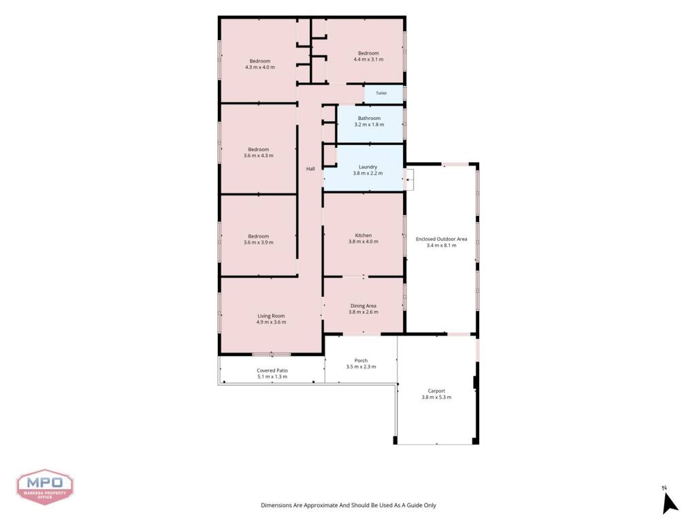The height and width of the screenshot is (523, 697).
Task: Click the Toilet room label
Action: pyautogui.click(x=381, y=93)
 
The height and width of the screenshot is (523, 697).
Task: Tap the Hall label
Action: pyautogui.click(x=310, y=169)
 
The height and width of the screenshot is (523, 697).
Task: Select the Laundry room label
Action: pyautogui.click(x=368, y=167)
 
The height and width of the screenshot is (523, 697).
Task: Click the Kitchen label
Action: pyautogui.click(x=363, y=235)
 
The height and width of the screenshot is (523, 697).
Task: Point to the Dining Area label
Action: pyautogui.click(x=363, y=306)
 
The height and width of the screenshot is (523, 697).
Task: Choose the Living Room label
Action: pyautogui.click(x=271, y=316)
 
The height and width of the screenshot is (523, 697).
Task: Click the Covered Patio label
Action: pyautogui.click(x=272, y=370)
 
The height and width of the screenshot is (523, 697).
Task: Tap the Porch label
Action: pyautogui.click(x=361, y=361)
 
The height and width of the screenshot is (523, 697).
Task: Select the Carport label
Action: pyautogui.click(x=436, y=391)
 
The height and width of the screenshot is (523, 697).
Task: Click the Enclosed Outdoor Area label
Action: pyautogui.click(x=441, y=239)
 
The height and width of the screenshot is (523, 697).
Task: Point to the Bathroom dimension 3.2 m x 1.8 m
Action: pyautogui.click(x=369, y=125)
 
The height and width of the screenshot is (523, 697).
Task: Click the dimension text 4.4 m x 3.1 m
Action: pyautogui.click(x=368, y=59)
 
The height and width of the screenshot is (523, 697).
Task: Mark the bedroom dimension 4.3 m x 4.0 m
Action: pyautogui.click(x=259, y=67)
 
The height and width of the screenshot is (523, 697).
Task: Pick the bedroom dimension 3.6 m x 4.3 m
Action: pyautogui.click(x=258, y=156)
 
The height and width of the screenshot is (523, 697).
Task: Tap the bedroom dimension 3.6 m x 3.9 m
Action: pyautogui.click(x=258, y=242)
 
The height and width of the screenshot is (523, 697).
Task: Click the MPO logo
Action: pyautogui.click(x=45, y=487)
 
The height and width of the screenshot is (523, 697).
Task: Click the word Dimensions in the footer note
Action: pyautogui.click(x=276, y=505)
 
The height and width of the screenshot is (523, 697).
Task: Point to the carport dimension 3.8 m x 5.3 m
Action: pyautogui.click(x=436, y=397)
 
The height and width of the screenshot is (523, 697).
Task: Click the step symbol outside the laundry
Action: pyautogui.click(x=408, y=179)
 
